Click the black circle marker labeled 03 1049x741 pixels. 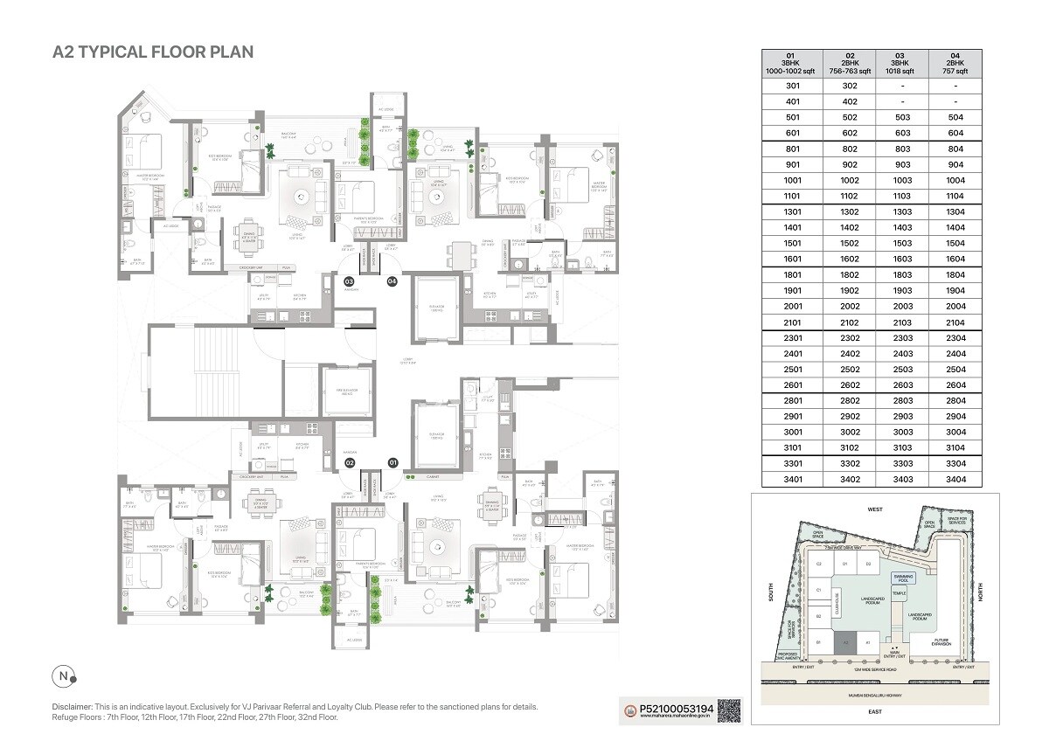click(x=349, y=281)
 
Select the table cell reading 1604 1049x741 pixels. click(x=955, y=260)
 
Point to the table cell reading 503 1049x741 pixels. click(x=900, y=117)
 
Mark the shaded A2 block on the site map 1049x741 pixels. click(x=844, y=642)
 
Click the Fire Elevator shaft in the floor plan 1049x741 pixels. click(x=348, y=382)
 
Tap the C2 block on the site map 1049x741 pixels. click(x=819, y=565)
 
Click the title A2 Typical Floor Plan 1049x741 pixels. click(x=153, y=52)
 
